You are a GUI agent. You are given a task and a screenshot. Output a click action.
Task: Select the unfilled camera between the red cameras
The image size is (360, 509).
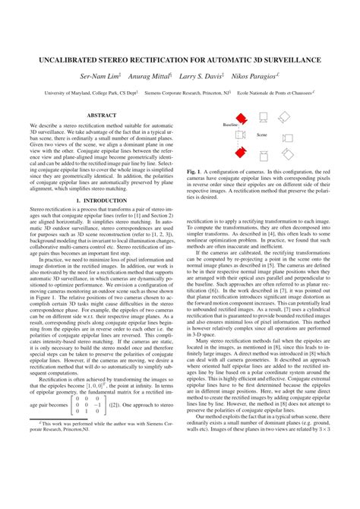(x=240, y=134)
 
